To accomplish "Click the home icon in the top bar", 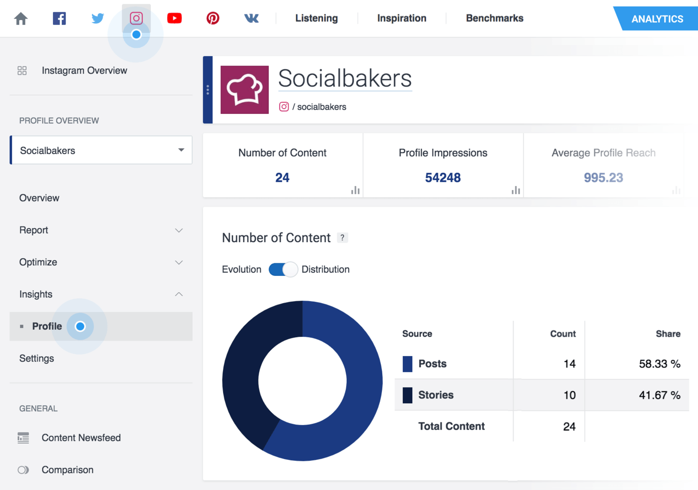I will click(x=21, y=19).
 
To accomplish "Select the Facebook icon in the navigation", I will click(x=59, y=19).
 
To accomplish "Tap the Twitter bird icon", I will click(x=97, y=19).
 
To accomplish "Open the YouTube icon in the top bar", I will click(x=174, y=19).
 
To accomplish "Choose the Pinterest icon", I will click(x=213, y=19).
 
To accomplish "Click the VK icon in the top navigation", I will click(x=251, y=19).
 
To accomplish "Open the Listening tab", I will click(x=316, y=18).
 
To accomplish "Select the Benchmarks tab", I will click(x=494, y=18).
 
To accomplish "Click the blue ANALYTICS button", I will click(x=657, y=19).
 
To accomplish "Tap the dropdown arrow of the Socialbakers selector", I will click(x=181, y=150).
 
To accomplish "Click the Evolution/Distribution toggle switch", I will click(x=283, y=269).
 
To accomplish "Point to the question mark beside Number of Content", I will click(x=342, y=238).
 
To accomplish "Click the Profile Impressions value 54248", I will click(x=443, y=178).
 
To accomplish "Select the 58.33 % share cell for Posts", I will click(x=659, y=364).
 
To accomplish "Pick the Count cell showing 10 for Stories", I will click(x=569, y=395).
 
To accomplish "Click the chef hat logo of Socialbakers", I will click(x=245, y=89).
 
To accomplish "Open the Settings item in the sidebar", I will click(x=37, y=358).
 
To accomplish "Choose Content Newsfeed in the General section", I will click(x=81, y=438).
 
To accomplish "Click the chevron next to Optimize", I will click(x=178, y=262).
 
